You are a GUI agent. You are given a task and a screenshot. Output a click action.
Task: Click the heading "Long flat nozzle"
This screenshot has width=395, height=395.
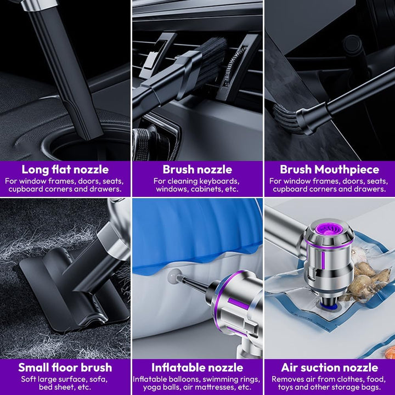click(x=65, y=170)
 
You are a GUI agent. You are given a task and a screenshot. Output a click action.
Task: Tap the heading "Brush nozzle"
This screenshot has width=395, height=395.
click(x=198, y=170)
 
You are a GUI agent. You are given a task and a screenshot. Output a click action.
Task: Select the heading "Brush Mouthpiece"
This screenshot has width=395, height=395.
click(x=329, y=170)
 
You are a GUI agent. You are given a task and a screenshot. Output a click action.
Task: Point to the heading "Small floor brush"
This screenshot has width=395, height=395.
click(x=65, y=368)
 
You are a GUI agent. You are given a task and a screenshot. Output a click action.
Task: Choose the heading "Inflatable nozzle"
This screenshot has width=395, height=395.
click(x=198, y=368)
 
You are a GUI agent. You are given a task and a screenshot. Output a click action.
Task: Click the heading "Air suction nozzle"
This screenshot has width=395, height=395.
click(x=329, y=368)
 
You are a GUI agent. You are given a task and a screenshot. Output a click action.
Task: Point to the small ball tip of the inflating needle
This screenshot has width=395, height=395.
click(x=174, y=276)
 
